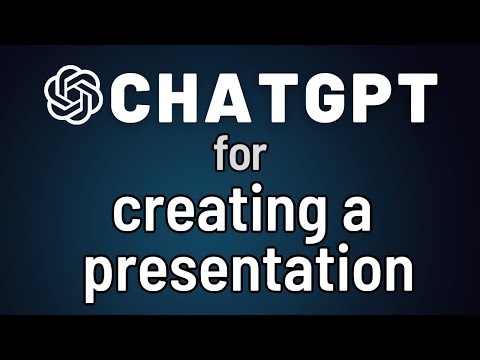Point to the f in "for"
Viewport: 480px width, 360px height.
221,156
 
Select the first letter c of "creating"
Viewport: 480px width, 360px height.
127,214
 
